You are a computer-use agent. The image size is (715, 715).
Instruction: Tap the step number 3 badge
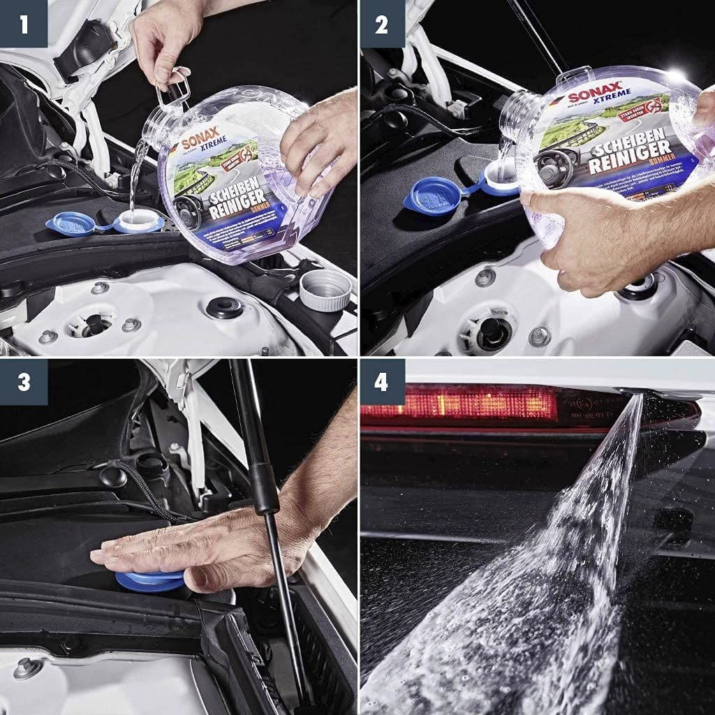(24, 382)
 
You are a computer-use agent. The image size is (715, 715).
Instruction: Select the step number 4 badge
(381, 382)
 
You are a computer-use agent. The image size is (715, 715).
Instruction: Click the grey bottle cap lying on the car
(325, 289)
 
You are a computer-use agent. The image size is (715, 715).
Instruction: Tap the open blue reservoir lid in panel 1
(72, 224)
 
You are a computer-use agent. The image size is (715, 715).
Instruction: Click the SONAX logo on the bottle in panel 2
(584, 96)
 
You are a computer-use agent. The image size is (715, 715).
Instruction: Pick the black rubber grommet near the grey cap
(224, 307)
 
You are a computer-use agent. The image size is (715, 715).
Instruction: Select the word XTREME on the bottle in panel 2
(615, 93)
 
